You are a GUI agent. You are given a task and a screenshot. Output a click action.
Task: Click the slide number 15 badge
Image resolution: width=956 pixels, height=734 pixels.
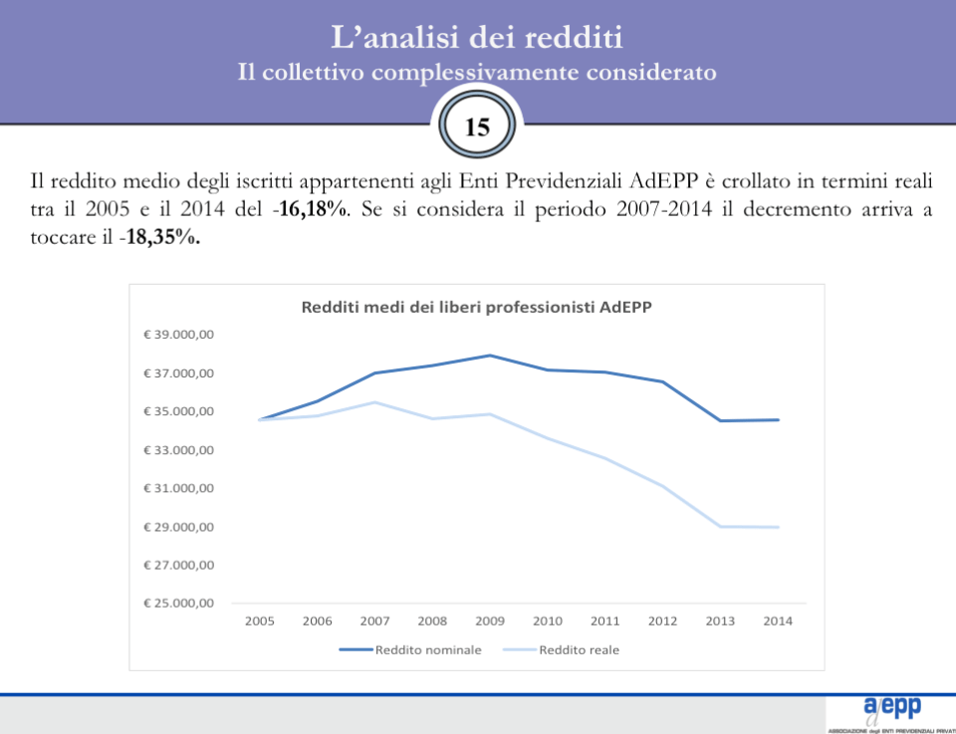tap(477, 127)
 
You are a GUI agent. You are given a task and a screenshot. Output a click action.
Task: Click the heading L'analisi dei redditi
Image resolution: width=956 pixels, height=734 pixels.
tap(477, 38)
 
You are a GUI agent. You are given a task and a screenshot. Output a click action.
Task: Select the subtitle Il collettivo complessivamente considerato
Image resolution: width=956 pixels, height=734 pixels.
tap(477, 73)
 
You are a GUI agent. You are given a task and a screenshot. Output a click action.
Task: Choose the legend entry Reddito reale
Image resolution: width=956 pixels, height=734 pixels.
tap(579, 650)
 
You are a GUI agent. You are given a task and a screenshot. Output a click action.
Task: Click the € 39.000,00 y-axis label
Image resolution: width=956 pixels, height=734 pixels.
tap(178, 335)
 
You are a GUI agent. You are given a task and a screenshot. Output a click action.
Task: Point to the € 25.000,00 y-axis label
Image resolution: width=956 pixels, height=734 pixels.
tap(178, 604)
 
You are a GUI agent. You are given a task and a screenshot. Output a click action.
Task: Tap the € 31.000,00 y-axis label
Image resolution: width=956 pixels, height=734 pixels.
tap(178, 488)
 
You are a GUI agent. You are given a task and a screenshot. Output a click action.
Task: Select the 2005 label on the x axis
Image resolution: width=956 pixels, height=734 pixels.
tap(260, 621)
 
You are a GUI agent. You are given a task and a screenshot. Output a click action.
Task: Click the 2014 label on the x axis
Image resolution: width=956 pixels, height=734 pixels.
tap(778, 621)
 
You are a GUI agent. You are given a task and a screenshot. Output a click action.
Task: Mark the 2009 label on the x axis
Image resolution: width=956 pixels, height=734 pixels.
tap(490, 621)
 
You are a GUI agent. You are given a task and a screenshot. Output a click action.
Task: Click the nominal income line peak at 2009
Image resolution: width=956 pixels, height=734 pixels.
tap(490, 356)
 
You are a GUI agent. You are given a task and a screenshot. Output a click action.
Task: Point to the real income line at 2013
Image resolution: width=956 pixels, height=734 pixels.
tap(720, 526)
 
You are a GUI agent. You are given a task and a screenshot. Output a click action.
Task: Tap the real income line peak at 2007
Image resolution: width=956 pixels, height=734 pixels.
tap(374, 402)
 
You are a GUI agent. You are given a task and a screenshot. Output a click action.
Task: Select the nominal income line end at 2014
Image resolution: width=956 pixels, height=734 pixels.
tap(778, 420)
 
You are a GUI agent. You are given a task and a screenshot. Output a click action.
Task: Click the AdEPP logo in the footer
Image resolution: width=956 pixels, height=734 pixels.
tap(892, 709)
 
